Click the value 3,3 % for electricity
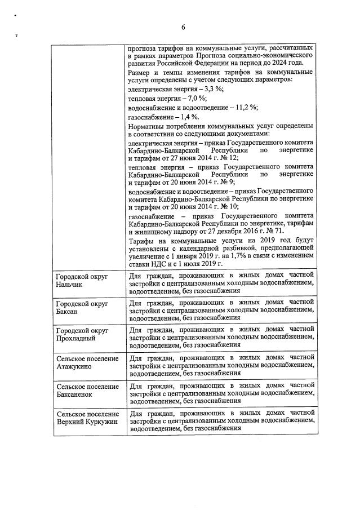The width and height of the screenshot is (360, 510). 212,89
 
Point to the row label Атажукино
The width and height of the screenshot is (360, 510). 74,366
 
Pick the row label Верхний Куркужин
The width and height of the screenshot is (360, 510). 84,421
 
